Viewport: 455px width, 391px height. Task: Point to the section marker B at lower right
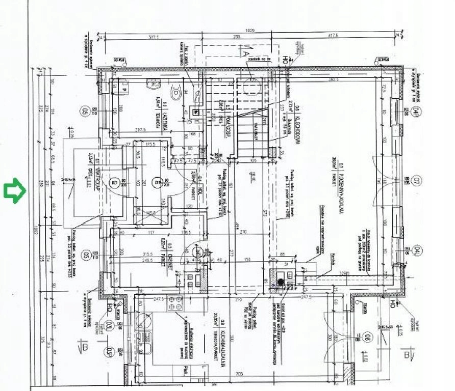(x=407, y=355)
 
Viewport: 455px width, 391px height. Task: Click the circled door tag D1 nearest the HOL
(x=159, y=181)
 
